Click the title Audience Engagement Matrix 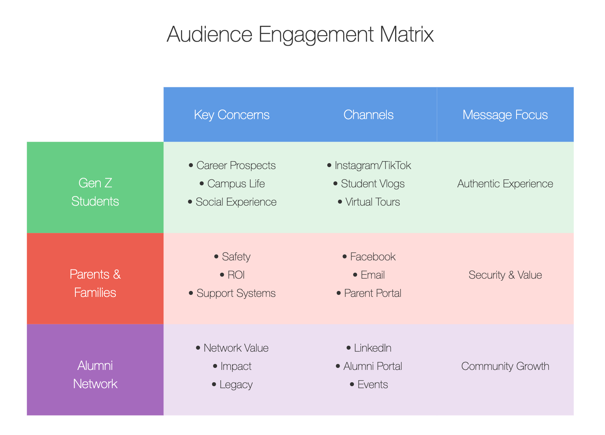(300, 35)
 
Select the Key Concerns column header (232, 115)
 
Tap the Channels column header (369, 115)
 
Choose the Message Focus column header (505, 115)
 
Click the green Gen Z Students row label (95, 192)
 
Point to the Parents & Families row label (95, 283)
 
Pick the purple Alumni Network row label (95, 375)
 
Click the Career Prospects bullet (232, 166)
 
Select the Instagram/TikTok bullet (369, 166)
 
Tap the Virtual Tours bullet (369, 202)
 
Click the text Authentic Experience (505, 184)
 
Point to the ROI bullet (232, 275)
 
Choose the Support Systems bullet (232, 293)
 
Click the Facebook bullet (369, 257)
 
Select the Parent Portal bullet (369, 293)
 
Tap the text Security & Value (505, 275)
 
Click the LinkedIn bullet (369, 348)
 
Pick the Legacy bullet (232, 385)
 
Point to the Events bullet (369, 385)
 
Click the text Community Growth (505, 366)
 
